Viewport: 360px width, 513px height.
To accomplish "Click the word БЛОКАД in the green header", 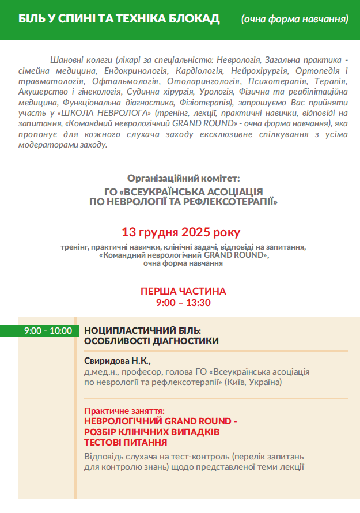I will click(193, 19).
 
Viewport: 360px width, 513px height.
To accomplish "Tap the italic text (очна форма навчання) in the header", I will click(295, 20).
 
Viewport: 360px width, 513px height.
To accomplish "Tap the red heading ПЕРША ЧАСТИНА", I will click(183, 291).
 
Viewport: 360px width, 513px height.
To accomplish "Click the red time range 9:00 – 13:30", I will click(183, 302).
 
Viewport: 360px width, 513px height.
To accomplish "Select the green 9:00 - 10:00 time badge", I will click(48, 330).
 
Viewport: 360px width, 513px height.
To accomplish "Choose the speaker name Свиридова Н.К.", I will click(117, 361).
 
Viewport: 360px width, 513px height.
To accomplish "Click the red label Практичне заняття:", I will click(124, 411).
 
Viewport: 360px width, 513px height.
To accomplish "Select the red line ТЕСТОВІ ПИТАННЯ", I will click(126, 442).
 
